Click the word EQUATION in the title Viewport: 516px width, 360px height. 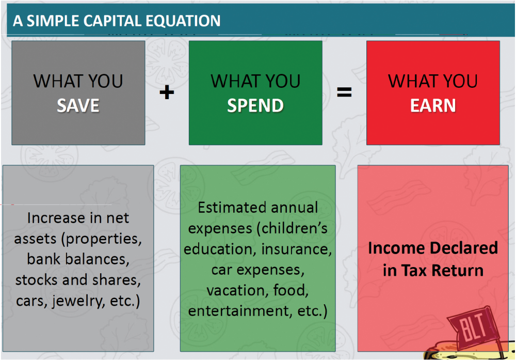point(183,21)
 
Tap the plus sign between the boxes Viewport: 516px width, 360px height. point(167,92)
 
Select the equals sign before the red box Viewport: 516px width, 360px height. point(344,92)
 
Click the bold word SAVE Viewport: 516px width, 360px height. point(78,106)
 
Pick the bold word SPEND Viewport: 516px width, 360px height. point(255,106)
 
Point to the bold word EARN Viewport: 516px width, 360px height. point(433,106)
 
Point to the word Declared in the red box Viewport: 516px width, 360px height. point(460,248)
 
